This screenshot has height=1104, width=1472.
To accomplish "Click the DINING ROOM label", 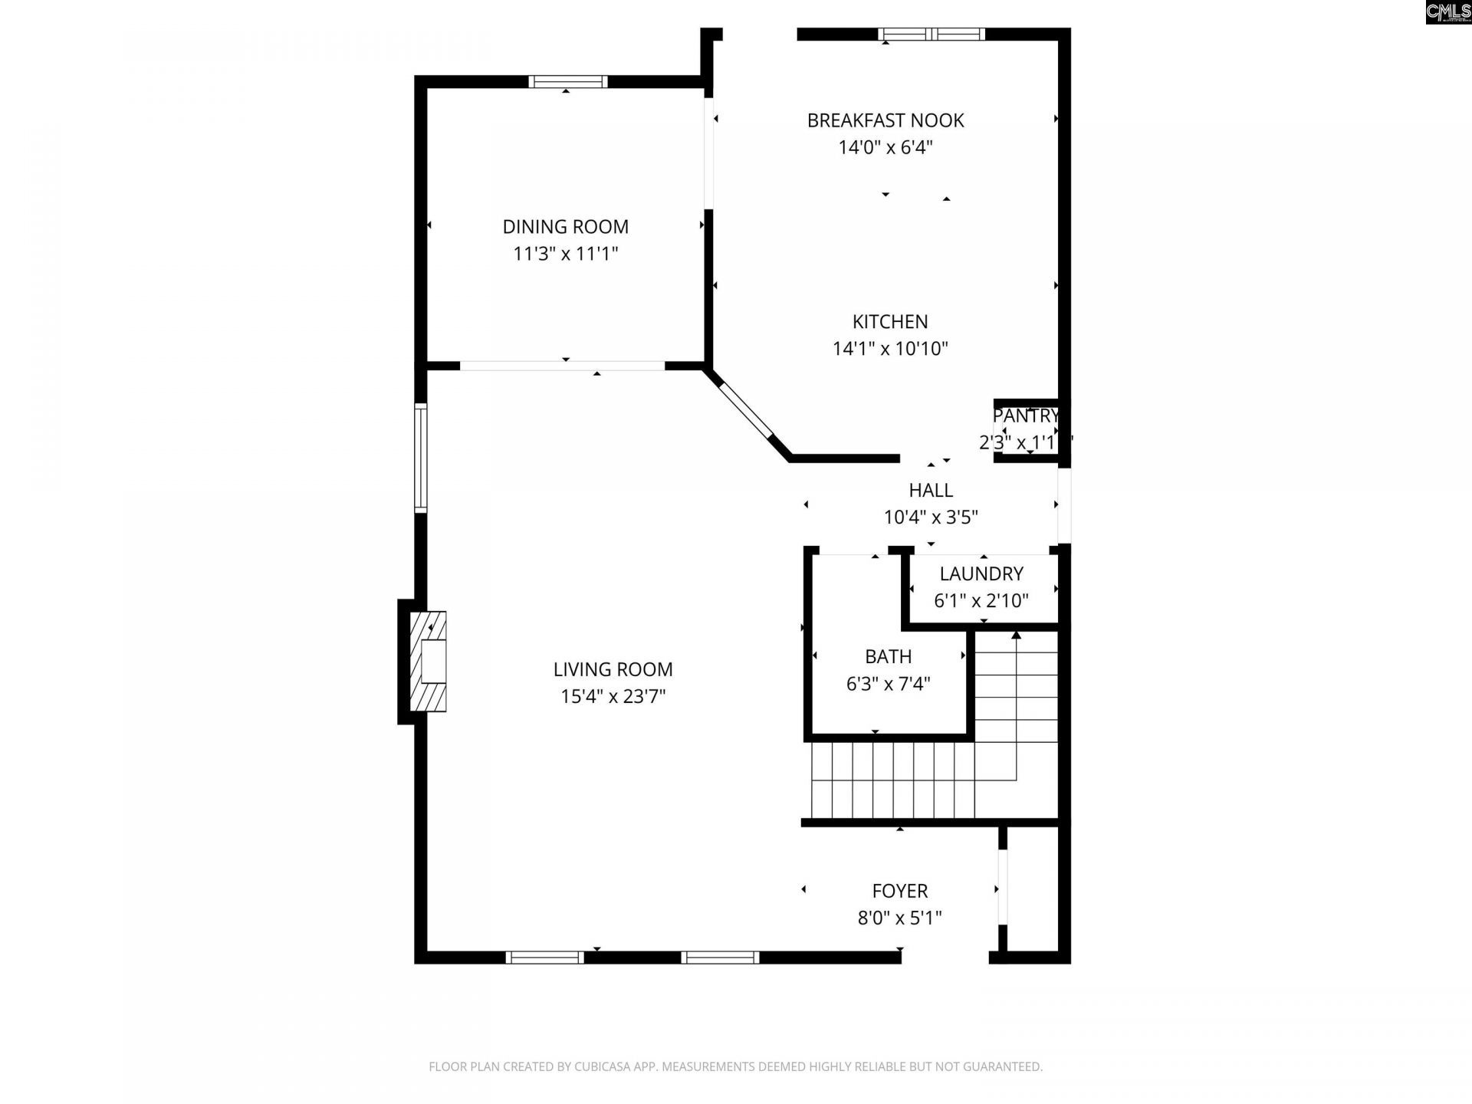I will pos(565,227).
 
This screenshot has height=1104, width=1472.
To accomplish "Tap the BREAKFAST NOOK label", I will pos(885,120).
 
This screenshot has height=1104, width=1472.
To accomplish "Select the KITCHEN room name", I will pos(889,322).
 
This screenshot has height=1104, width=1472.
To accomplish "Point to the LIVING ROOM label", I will pos(613,669).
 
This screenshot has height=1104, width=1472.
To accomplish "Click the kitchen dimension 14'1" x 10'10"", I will pos(889,349).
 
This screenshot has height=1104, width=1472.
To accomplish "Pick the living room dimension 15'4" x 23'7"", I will pos(613,696).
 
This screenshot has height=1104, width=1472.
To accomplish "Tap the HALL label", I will pos(930,491).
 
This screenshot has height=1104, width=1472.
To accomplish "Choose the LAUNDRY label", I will pos(981,574).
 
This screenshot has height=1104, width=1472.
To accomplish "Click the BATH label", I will pos(888,657).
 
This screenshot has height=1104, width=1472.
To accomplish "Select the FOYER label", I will pos(899,891).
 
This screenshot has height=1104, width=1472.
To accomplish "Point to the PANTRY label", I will pos(1025,416).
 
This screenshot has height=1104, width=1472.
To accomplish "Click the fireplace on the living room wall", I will pos(429,662).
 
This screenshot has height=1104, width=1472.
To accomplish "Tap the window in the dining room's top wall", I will pos(567,82).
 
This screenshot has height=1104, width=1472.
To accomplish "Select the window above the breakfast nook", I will pos(931,34).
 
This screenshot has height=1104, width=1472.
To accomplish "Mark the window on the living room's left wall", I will pos(420,458).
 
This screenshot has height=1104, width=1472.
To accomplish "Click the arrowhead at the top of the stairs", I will pos(1016,635).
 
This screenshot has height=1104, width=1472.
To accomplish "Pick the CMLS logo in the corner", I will pos(1448,12).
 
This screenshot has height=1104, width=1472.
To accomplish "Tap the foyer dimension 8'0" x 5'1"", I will pos(899,918).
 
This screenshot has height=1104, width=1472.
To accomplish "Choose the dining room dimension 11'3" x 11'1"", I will pos(565,254).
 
